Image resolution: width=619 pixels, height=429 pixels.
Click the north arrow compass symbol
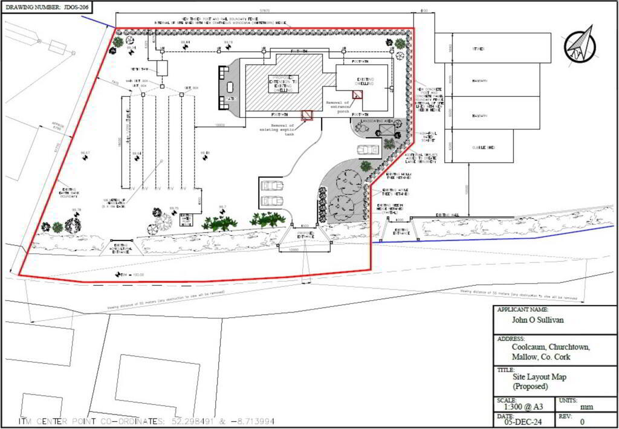[580, 46]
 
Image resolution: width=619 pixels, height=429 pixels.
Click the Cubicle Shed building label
[483, 147]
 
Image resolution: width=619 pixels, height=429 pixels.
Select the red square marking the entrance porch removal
[358, 94]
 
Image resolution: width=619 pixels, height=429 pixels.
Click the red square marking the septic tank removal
[308, 115]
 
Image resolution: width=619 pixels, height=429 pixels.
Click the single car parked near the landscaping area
[368, 149]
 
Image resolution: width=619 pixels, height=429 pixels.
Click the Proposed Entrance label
[305, 235]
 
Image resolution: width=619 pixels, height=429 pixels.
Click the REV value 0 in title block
[582, 422]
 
